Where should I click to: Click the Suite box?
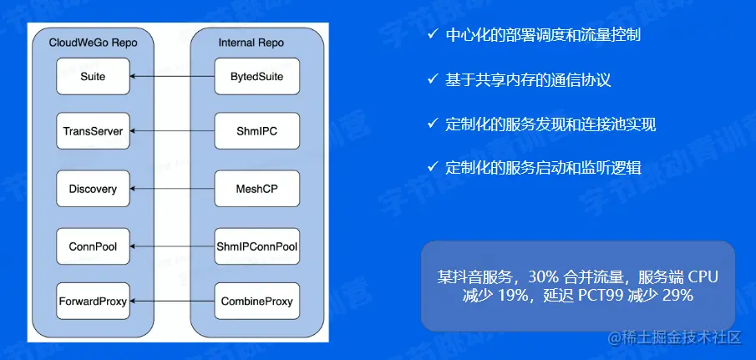[x=93, y=77]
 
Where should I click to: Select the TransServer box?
[x=93, y=131]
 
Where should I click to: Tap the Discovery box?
[x=93, y=190]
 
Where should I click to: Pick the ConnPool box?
[x=93, y=246]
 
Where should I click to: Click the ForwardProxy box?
[x=93, y=301]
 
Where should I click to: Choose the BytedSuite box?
[x=256, y=77]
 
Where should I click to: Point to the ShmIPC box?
[x=256, y=131]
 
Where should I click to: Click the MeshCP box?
[x=256, y=190]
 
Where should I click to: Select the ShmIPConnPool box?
[x=256, y=246]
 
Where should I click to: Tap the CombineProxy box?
[x=256, y=301]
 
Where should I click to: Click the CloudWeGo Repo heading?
[x=93, y=42]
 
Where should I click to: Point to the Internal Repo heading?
[x=251, y=42]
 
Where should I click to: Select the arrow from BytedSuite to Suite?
[x=172, y=77]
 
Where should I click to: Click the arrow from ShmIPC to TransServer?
[x=172, y=131]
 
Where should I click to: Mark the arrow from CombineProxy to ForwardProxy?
[x=172, y=301]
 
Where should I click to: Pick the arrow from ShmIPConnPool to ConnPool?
[x=172, y=246]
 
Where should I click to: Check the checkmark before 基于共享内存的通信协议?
[x=431, y=79]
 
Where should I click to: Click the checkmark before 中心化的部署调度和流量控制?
[x=431, y=35]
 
